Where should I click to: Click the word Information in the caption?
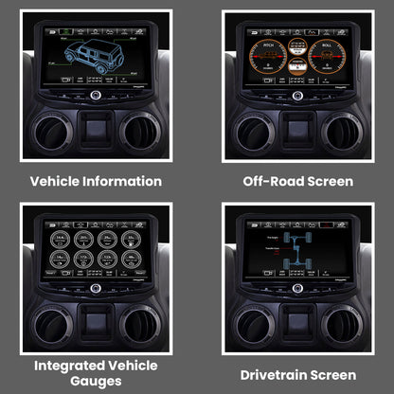tap(120, 181)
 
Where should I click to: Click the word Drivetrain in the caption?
tap(275, 375)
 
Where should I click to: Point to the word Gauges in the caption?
tap(95, 381)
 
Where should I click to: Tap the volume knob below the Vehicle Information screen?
tap(96, 97)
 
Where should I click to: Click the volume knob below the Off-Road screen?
tap(298, 97)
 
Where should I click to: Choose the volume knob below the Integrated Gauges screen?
tap(96, 288)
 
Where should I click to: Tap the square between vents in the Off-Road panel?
tap(298, 128)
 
